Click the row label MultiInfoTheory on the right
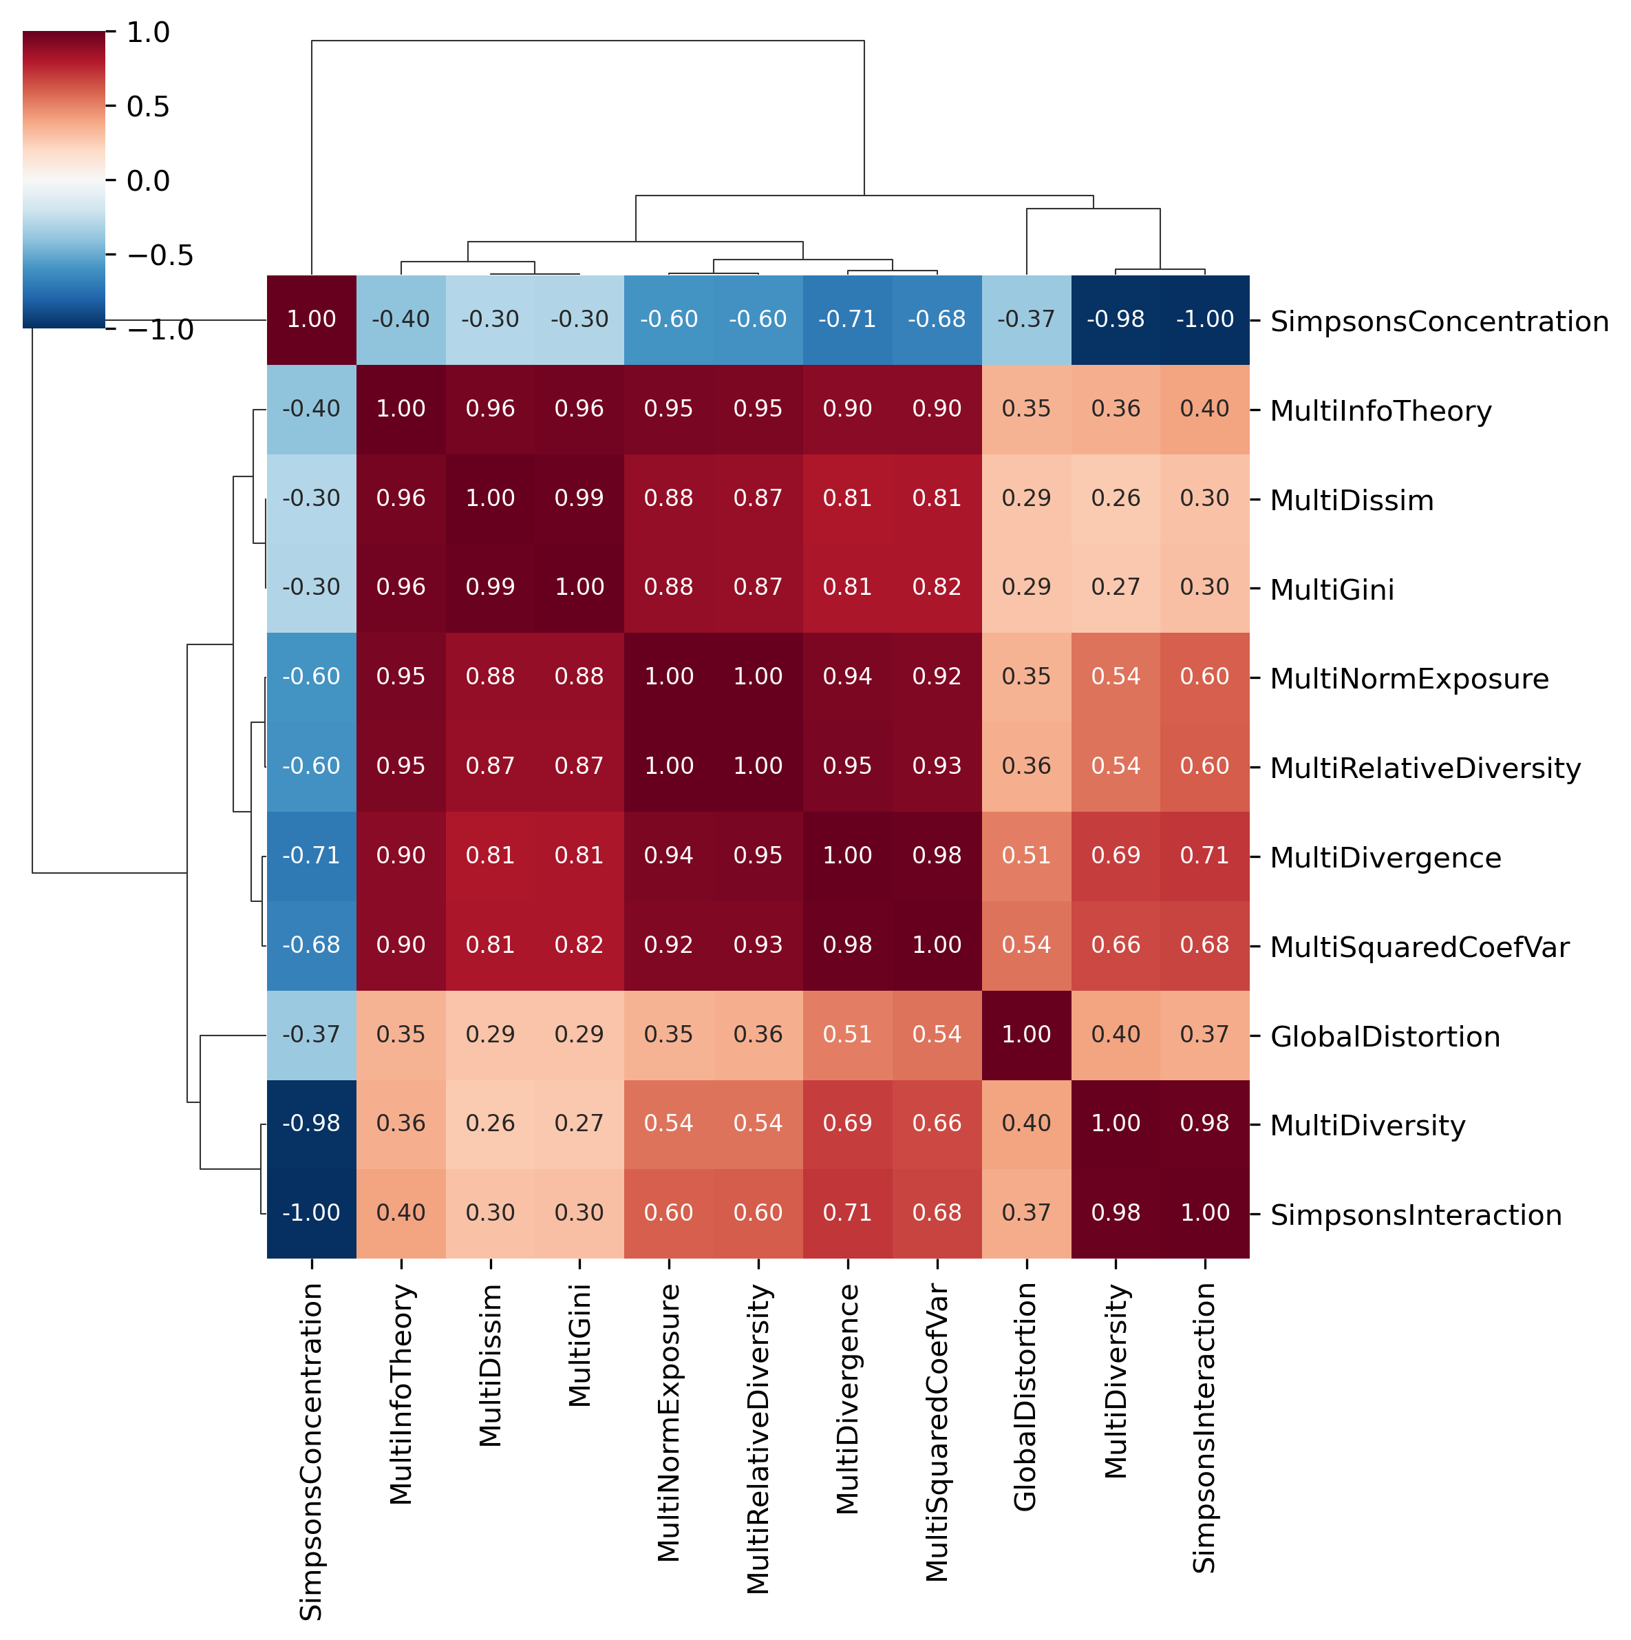[x=1380, y=411]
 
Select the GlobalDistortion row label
[x=1385, y=1036]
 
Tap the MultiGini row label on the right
[x=1332, y=589]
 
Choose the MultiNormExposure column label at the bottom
[x=669, y=1422]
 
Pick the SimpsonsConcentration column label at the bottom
[x=312, y=1451]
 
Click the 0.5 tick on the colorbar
[x=148, y=107]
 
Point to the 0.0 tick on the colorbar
[x=148, y=181]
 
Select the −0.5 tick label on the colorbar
[x=160, y=255]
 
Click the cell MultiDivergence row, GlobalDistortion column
[x=1026, y=856]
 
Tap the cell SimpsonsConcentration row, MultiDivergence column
[x=848, y=320]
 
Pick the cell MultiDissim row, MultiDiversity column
[x=1115, y=498]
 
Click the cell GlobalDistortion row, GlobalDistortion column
[x=1026, y=1035]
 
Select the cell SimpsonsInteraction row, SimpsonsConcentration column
[x=312, y=1213]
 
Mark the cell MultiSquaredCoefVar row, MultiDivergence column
[x=848, y=945]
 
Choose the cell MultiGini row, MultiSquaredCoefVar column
[x=937, y=587]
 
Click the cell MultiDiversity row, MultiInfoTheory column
[x=401, y=1124]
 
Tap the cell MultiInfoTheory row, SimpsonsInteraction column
[x=1204, y=409]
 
